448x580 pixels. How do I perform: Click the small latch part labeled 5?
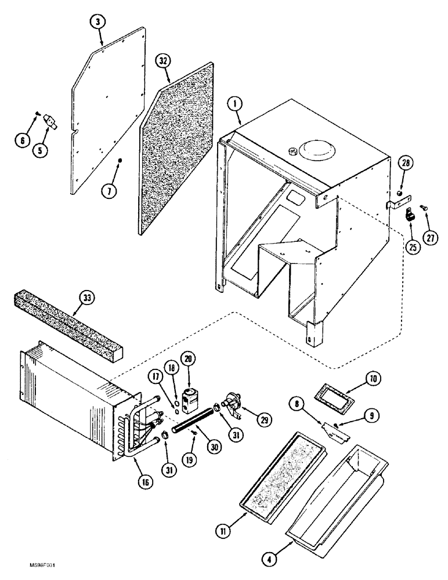click(x=50, y=123)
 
